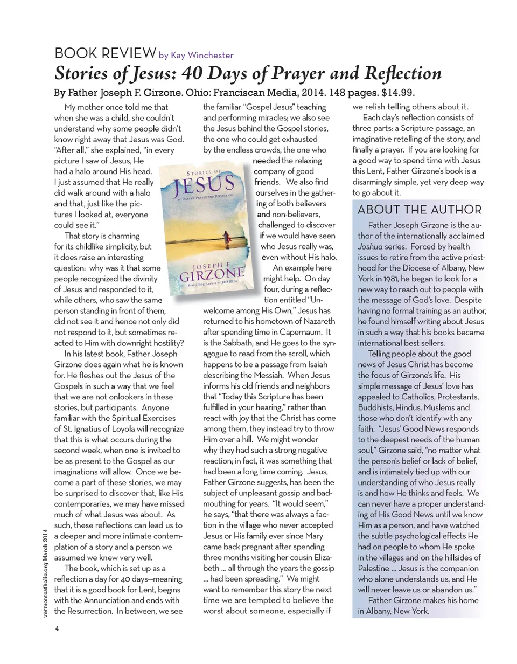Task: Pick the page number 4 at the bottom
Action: (x=56, y=628)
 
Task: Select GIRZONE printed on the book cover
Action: (x=207, y=276)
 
